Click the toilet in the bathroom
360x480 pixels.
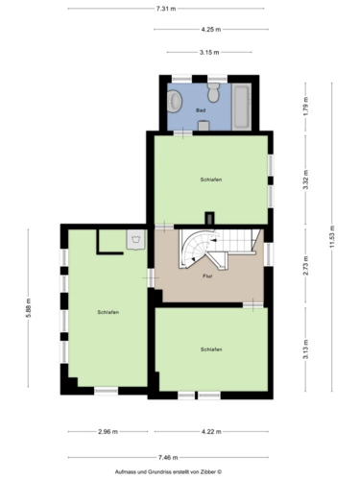(213, 92)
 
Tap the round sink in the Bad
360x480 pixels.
(175, 101)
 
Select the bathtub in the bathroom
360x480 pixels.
(241, 107)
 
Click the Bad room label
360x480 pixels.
(201, 110)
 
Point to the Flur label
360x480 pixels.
(207, 276)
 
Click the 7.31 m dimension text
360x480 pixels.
(166, 9)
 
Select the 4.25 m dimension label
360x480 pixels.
(211, 30)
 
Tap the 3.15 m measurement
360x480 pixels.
(209, 52)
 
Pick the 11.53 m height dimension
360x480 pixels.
(332, 237)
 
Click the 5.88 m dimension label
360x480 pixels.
(28, 308)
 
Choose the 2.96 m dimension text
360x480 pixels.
(108, 432)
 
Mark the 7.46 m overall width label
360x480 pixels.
(168, 458)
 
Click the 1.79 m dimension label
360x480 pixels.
(305, 106)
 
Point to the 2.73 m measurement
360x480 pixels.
(305, 266)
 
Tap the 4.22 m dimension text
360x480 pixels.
(211, 432)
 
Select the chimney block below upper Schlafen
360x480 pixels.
(210, 218)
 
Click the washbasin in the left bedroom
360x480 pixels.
(136, 239)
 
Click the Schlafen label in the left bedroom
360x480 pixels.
(108, 312)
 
